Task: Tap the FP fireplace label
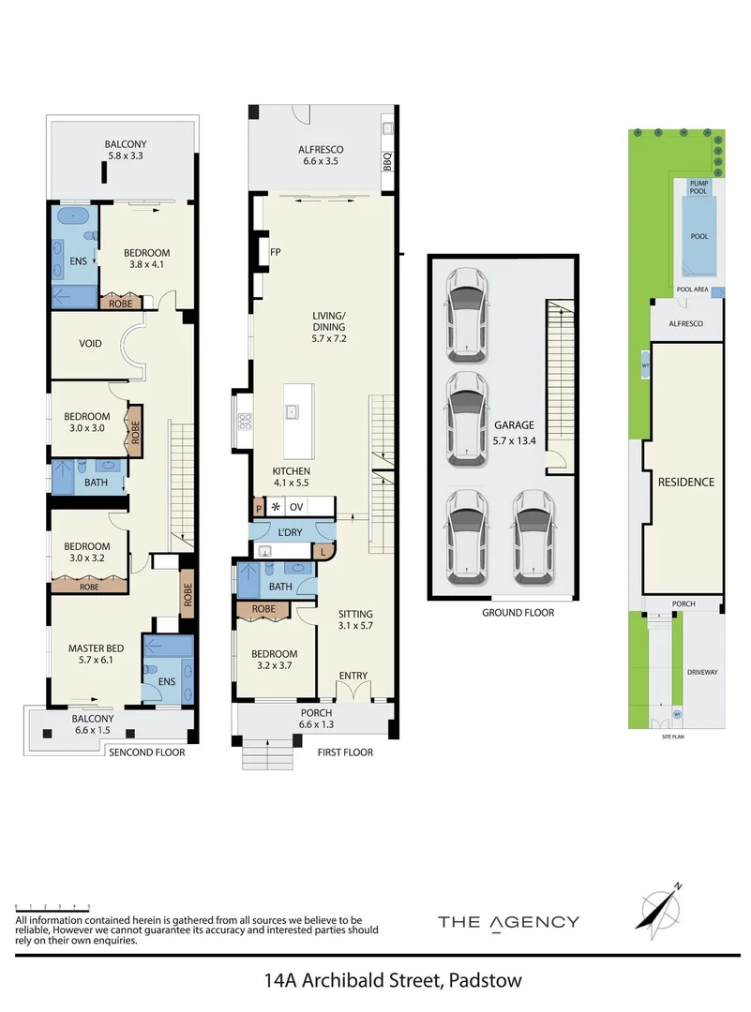point(276,252)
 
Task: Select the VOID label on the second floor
point(91,344)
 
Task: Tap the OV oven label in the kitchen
point(296,507)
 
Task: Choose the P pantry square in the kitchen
point(257,507)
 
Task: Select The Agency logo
point(508,922)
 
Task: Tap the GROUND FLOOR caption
point(518,613)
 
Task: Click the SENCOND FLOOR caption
point(147,752)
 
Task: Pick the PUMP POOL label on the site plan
point(698,186)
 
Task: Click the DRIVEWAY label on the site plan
point(701,672)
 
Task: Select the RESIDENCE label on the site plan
point(685,483)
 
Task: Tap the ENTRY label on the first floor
point(353,675)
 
